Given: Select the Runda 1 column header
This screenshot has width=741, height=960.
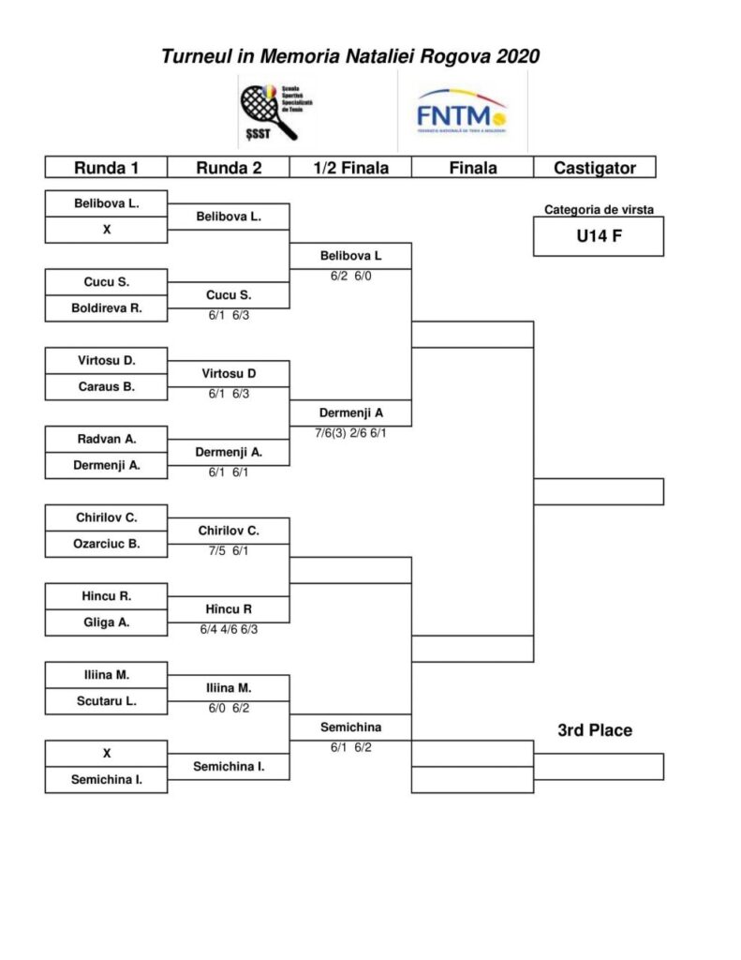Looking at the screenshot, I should (106, 168).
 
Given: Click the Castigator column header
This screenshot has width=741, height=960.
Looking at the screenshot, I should (594, 168).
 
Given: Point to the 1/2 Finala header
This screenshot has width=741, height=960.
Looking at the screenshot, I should (350, 168).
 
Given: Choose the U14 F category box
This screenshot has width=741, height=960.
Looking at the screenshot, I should (599, 236).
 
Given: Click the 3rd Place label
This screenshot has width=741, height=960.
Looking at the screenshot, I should (595, 730).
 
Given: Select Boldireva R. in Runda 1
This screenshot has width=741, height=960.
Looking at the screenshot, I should (106, 307).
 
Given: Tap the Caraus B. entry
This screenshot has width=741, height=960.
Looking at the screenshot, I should (106, 386).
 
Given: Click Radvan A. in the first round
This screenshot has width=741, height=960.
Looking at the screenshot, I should (106, 439).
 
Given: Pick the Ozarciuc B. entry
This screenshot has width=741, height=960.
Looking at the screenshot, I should (106, 543).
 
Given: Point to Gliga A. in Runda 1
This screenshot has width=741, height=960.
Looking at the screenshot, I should (106, 622).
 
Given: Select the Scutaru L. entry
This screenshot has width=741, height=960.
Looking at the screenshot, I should (106, 700).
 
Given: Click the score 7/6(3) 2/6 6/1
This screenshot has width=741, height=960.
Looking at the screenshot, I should (350, 433).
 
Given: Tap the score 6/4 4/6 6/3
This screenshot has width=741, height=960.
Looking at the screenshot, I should (229, 629).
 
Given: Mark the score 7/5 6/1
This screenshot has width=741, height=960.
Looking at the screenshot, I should (229, 550).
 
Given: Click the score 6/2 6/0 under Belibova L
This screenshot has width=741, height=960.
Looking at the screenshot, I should (350, 277).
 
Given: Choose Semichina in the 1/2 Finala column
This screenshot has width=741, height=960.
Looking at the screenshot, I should (350, 727).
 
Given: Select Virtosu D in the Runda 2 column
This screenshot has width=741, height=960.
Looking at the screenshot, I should (229, 373).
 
